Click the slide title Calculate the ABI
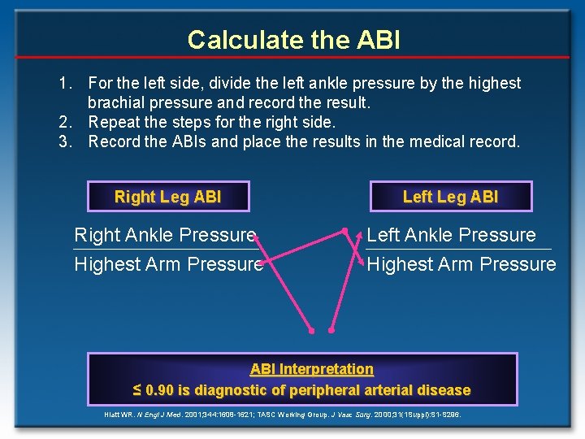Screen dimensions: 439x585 [x=293, y=39]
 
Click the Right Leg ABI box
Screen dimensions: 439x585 [x=167, y=197]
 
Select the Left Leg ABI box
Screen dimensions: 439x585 [x=450, y=197]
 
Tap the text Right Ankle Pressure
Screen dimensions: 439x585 [x=165, y=236]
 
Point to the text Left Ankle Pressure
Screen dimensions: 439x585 [x=451, y=236]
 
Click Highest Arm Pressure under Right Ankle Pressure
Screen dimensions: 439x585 [x=168, y=265]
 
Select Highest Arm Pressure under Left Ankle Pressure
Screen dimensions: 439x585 [x=461, y=265]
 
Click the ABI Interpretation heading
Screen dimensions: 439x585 [x=311, y=369]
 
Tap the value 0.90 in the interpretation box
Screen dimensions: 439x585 [x=159, y=390]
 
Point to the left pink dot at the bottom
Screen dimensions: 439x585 [x=310, y=331]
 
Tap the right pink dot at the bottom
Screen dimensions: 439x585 [x=331, y=331]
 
